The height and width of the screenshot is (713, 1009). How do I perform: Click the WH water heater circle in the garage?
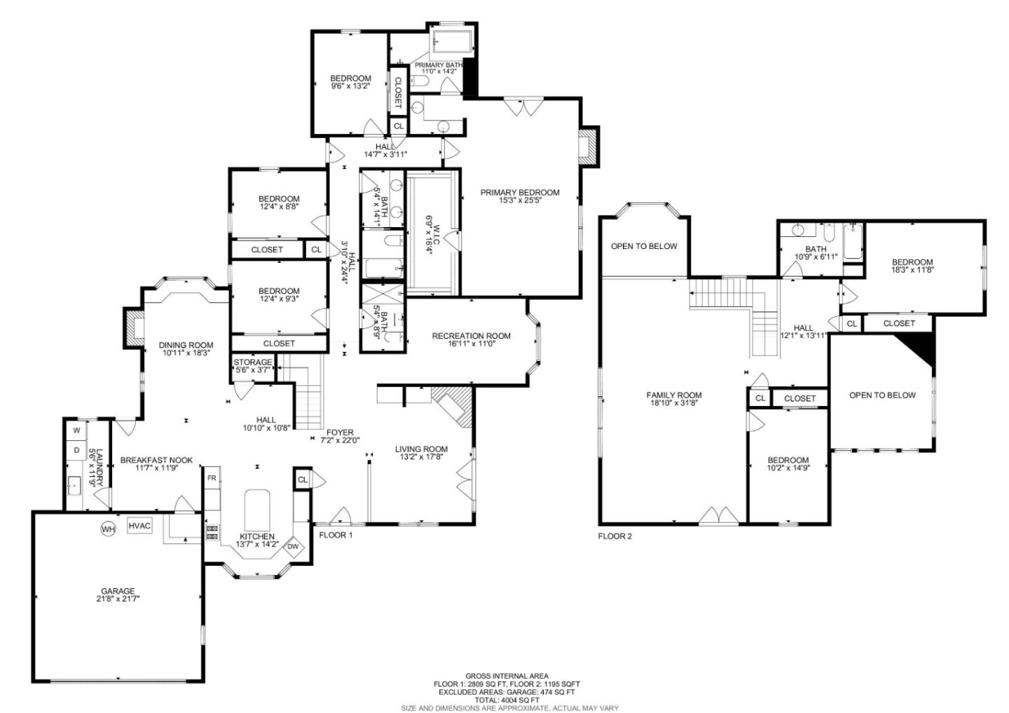click(x=107, y=529)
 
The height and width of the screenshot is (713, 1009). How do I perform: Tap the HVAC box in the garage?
click(x=139, y=526)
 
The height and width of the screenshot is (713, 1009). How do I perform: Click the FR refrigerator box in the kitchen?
click(x=212, y=478)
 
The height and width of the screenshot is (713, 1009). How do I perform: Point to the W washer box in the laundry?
click(x=76, y=430)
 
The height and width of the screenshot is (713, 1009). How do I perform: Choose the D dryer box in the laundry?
click(x=76, y=450)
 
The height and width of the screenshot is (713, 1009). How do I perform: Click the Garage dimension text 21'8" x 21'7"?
click(x=117, y=599)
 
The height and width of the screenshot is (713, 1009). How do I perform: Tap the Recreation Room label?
click(x=471, y=336)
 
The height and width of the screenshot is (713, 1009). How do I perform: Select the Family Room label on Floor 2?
click(x=673, y=395)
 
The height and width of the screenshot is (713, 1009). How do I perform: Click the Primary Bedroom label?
click(x=519, y=192)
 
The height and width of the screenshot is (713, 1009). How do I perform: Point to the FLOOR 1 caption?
click(x=336, y=535)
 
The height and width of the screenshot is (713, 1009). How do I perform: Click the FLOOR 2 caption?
click(x=615, y=536)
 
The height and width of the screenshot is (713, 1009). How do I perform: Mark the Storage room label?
click(x=252, y=362)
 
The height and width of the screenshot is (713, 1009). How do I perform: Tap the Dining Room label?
click(x=186, y=345)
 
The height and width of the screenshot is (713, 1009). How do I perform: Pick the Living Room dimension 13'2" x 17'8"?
click(x=420, y=458)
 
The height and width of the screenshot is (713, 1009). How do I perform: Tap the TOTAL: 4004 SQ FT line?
click(x=506, y=700)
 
